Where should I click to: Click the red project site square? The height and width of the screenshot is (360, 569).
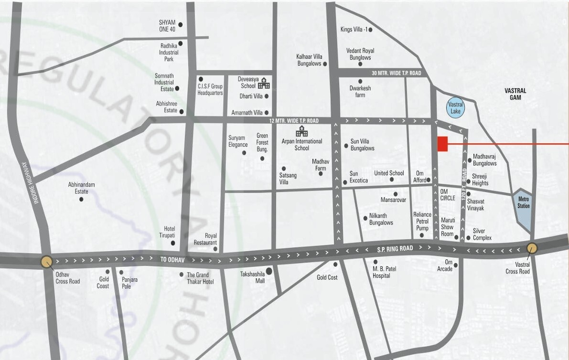(442, 144)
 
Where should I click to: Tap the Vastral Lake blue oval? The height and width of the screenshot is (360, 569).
(455, 107)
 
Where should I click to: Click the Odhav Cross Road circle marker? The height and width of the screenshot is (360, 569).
(46, 262)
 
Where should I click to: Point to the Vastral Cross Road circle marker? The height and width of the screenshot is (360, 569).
(532, 248)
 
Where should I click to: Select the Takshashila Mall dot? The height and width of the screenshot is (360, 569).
(269, 271)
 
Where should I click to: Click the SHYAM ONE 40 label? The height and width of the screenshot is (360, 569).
(167, 26)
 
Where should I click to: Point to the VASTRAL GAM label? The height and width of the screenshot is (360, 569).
(515, 94)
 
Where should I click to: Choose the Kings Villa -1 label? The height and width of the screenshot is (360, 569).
(354, 30)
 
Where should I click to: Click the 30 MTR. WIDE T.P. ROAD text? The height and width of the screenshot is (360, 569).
(397, 73)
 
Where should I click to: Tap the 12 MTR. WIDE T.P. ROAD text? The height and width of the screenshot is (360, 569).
(293, 121)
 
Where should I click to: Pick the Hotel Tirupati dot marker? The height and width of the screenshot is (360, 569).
(172, 243)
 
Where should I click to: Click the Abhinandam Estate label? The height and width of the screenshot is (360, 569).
(81, 188)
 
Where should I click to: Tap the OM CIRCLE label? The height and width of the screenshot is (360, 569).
(448, 194)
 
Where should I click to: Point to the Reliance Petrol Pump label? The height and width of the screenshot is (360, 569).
(422, 222)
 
